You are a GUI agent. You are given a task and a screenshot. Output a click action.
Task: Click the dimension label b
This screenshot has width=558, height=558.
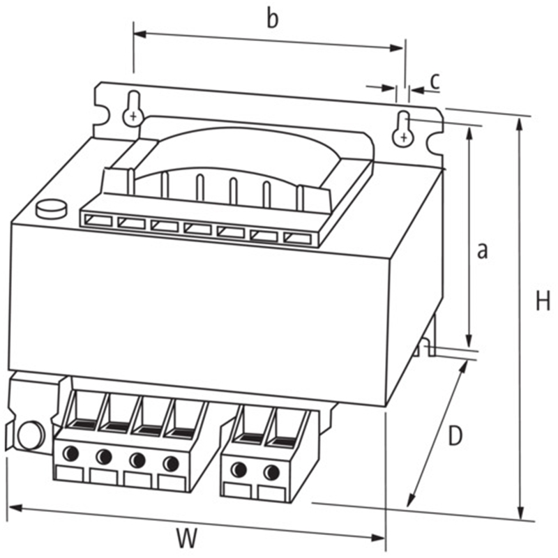273,20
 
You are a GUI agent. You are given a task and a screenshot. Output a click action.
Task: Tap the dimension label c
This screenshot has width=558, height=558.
435,81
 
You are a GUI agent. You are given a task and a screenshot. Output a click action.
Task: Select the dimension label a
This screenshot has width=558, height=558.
482,250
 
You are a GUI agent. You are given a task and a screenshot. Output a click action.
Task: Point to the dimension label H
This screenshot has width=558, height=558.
543,301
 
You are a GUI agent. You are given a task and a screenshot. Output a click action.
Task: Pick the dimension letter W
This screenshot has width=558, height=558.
187,537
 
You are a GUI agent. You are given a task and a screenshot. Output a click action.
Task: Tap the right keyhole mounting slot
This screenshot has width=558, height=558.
403,129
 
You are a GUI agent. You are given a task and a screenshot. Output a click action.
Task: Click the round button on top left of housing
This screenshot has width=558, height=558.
52,209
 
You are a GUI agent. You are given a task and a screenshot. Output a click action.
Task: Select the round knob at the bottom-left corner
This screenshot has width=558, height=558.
31,435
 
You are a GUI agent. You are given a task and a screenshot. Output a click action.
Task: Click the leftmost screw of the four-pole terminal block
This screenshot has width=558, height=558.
70,453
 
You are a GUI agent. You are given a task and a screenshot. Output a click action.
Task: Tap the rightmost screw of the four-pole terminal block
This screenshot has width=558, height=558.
171,463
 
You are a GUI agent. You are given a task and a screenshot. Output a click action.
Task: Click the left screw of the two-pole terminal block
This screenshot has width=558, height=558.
239,469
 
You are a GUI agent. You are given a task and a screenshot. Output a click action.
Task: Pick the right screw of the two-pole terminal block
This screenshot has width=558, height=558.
271,472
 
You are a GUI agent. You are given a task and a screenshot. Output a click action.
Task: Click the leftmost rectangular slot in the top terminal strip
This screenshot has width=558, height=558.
98,220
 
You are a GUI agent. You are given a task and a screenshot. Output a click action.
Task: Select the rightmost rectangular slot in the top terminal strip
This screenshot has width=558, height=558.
298,238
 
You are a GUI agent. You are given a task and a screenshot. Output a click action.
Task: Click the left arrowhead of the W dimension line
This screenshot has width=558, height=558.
15,508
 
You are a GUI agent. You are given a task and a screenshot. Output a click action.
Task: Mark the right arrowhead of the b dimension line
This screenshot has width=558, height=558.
396,47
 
